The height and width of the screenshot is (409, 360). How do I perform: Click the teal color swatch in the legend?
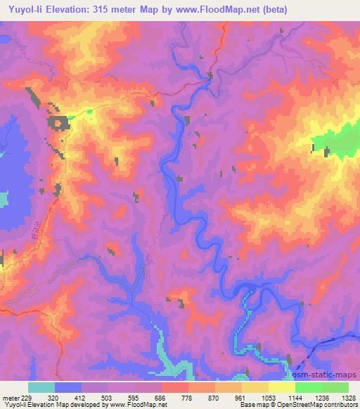[x=41, y=387]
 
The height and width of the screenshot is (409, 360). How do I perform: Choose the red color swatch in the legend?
[x=174, y=387]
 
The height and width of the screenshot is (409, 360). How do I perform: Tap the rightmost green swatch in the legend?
[x=335, y=387]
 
